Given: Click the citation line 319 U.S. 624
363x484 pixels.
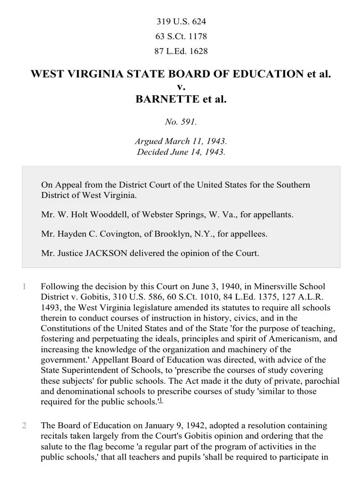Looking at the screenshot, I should pos(181,22).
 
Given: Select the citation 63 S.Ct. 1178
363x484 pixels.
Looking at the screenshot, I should pos(181,36).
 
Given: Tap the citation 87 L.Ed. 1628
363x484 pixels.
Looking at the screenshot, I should pos(181,51).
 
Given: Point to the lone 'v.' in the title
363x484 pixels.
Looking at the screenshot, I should pos(181,87).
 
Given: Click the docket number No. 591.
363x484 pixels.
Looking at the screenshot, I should pos(181,121).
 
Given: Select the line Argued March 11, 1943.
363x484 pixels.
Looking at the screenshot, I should pos(181,141).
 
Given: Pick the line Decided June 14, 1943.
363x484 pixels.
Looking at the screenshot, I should pos(181,152).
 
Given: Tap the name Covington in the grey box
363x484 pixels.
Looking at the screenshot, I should pos(113,233).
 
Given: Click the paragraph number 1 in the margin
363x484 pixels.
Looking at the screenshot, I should pos(24,287).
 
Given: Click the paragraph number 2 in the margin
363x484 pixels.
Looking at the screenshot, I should pos(24,426).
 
